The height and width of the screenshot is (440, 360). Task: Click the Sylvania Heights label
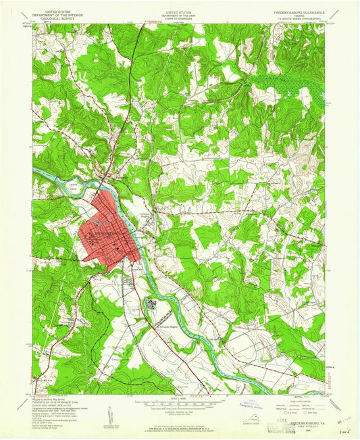click(160, 324)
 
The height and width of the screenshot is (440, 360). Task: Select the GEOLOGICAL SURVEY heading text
click(59, 18)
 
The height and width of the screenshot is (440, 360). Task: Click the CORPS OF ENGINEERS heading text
click(179, 18)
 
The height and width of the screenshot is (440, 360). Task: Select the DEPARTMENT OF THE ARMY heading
click(179, 15)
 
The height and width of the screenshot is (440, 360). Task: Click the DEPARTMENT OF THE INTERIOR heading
click(59, 15)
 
